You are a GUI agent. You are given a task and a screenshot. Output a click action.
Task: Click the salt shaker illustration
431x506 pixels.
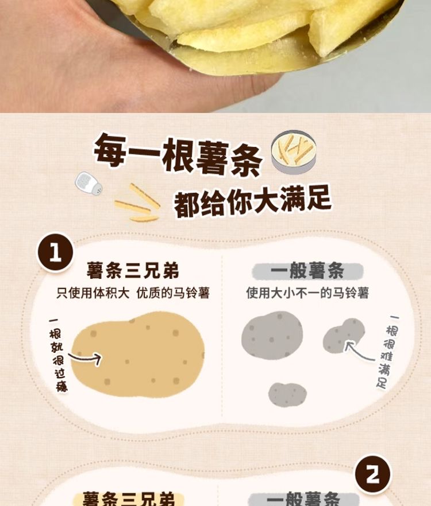coord(88,184)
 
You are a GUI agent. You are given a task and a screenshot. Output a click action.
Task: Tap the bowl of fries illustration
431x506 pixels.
coord(294,151)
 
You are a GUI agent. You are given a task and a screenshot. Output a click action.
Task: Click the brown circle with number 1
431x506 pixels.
coord(55,252)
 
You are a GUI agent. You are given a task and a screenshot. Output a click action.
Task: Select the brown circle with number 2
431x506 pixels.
coord(372,474)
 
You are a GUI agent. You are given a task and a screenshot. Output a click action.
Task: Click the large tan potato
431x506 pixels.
coord(138,355)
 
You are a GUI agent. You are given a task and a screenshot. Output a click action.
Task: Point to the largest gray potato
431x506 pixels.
coord(272,335)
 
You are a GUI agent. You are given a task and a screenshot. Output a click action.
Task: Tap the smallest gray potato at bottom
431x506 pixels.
coord(287,394)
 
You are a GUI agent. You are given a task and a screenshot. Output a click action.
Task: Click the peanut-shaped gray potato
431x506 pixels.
coord(344,336)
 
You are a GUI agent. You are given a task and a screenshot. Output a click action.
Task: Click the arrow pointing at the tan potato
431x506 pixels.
coord(86,358)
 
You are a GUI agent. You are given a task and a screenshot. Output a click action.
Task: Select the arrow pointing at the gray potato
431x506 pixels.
coord(358,352)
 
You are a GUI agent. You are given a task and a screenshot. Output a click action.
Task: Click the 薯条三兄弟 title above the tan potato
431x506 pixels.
coord(133,270)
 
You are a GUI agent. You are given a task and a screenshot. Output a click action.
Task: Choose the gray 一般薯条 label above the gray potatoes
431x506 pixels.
coord(307,270)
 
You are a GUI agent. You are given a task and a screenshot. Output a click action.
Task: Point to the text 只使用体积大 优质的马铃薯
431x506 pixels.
coord(133,293)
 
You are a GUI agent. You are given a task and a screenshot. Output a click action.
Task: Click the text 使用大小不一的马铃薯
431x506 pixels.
coord(307,293)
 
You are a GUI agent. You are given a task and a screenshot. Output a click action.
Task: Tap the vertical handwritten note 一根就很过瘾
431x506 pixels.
coord(57,355)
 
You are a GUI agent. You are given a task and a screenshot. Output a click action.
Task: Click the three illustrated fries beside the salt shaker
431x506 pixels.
coord(138,203)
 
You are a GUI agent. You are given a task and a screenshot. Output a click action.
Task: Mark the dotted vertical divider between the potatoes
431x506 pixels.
coord(222,336)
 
